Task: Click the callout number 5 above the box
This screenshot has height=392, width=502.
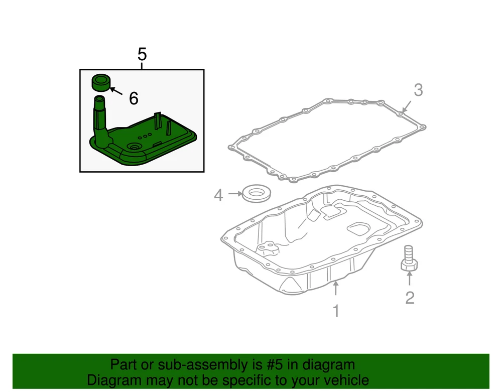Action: click(142, 54)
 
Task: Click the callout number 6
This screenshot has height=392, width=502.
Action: click(134, 98)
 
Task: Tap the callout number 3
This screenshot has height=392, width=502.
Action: click(419, 90)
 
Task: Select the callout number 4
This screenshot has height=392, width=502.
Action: click(218, 195)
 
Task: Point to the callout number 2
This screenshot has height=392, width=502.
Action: click(410, 298)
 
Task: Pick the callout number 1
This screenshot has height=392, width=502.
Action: click(336, 311)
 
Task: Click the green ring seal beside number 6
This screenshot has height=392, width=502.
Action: click(101, 82)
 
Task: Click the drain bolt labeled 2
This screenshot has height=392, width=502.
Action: click(409, 258)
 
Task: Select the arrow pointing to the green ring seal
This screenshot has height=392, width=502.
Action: click(116, 91)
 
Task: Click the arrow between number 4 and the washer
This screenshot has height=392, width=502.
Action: click(235, 194)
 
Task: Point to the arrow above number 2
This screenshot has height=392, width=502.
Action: click(410, 278)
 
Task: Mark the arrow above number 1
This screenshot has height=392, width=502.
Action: click(336, 288)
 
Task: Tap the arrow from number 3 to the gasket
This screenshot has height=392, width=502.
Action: click(407, 106)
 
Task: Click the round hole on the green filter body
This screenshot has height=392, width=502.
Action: click(133, 147)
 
